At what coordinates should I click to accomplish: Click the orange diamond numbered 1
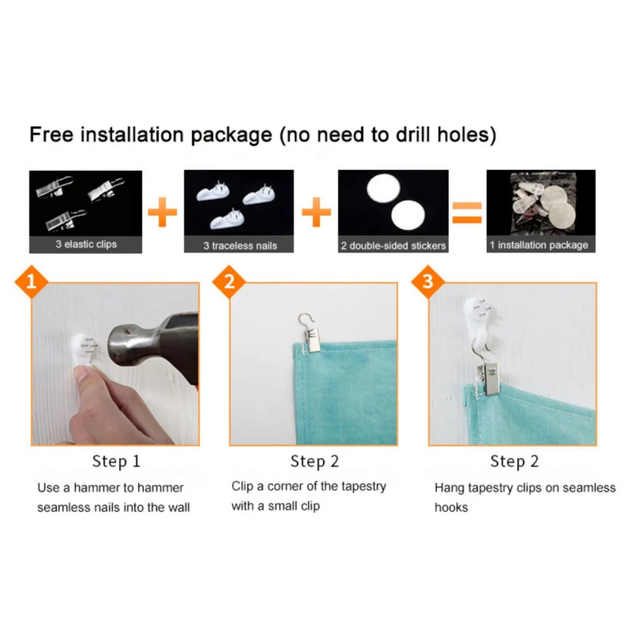31,282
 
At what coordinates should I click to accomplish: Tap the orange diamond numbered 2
229,282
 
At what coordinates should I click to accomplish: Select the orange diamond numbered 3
428,282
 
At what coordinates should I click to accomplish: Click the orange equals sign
467,213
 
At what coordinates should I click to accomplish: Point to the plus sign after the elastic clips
162,212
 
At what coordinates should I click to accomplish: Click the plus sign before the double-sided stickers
317,212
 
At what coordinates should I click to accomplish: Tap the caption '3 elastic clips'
86,244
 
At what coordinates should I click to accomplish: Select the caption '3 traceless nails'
240,246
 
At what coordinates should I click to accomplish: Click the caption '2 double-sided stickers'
393,246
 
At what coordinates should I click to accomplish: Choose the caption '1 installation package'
539,245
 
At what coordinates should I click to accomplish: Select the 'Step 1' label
116,461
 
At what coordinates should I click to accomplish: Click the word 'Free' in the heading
52,135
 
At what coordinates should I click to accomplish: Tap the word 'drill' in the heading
413,135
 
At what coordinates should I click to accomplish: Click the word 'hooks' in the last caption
451,507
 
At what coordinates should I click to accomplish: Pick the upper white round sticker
383,188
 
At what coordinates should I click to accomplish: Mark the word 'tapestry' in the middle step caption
363,487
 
